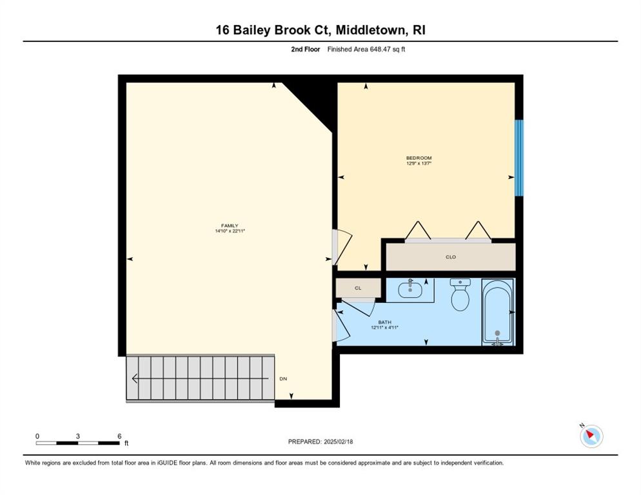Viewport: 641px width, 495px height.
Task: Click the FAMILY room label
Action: click(x=230, y=226)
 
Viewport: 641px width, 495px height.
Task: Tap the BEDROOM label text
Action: click(x=419, y=158)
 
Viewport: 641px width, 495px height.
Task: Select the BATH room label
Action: click(x=385, y=322)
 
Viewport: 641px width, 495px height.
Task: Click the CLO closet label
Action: click(x=451, y=257)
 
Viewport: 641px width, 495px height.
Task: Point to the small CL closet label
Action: click(x=358, y=288)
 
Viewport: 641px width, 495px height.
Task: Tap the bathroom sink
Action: click(x=410, y=290)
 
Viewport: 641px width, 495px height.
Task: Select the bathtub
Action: click(x=497, y=312)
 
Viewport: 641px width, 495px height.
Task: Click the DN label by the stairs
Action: click(x=283, y=379)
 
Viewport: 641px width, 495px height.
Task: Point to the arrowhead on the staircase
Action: click(x=134, y=379)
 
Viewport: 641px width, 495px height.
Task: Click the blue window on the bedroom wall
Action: click(x=518, y=158)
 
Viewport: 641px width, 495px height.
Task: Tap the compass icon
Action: click(x=591, y=436)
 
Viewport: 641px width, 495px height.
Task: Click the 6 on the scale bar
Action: click(x=119, y=436)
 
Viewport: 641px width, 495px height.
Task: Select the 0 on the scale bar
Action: click(x=37, y=436)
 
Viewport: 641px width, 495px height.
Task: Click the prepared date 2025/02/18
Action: click(x=338, y=442)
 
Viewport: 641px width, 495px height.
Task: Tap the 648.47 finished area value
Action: click(x=380, y=49)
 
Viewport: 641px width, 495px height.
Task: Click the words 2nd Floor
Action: click(x=306, y=49)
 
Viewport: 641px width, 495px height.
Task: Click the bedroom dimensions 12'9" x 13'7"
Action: click(x=419, y=163)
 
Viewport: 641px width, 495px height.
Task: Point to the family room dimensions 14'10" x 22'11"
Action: click(x=230, y=231)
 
